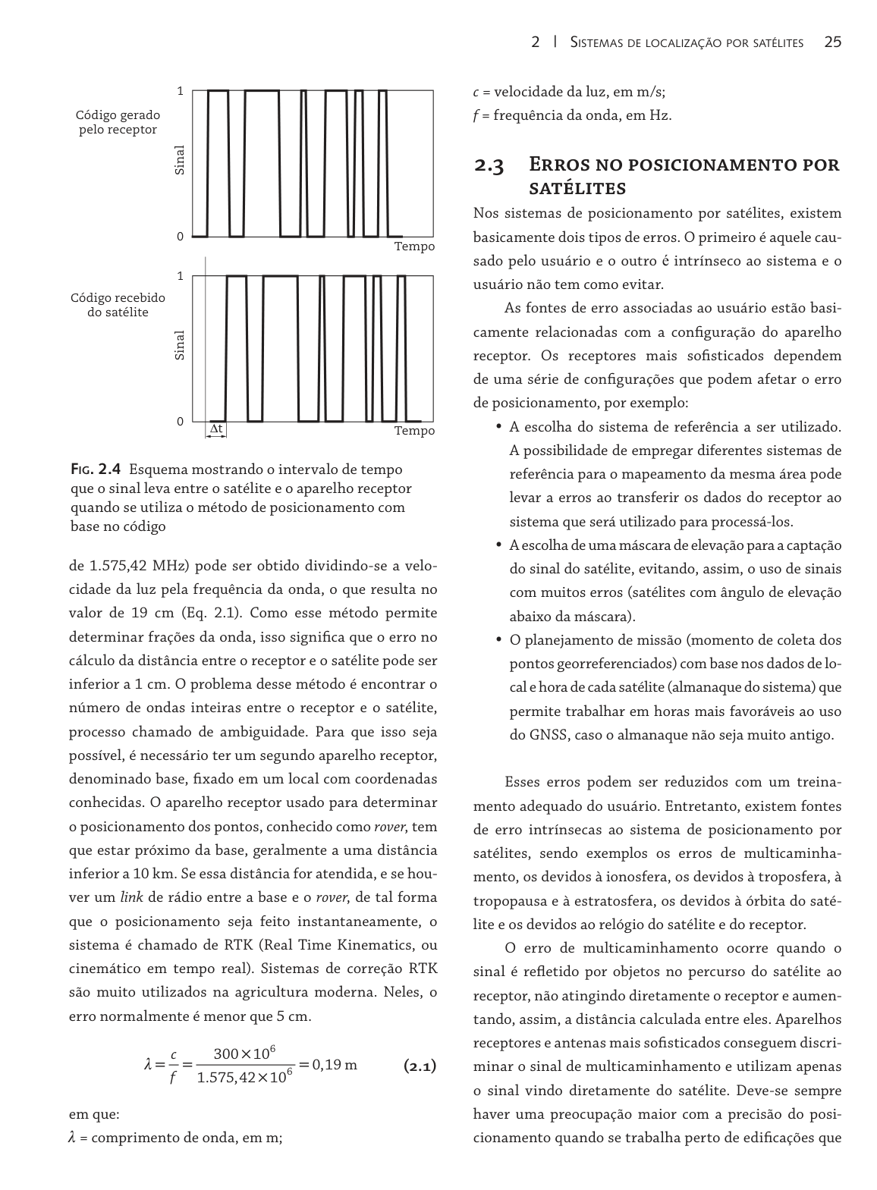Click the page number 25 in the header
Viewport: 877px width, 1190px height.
[832, 42]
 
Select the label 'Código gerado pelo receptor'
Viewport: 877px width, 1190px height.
[118, 122]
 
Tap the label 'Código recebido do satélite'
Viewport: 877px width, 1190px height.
[118, 305]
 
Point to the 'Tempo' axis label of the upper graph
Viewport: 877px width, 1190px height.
[414, 246]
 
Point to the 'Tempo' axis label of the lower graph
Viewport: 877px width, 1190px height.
[414, 431]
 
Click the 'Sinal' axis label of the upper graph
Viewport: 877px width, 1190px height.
[180, 160]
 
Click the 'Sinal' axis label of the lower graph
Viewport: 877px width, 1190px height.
[180, 345]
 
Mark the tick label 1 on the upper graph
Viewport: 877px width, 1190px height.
[180, 92]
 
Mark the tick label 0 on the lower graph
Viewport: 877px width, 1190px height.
[180, 421]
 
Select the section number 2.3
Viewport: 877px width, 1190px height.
[489, 165]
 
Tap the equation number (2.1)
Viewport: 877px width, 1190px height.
[420, 1066]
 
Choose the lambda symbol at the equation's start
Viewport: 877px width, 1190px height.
[149, 1066]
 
